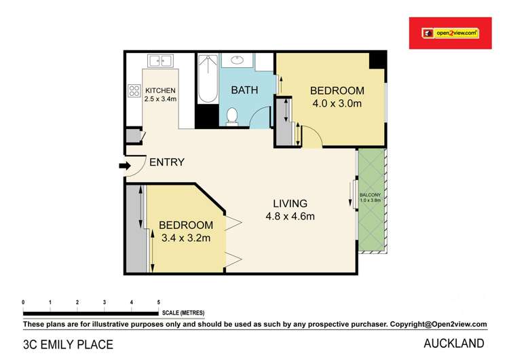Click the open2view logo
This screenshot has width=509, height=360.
tap(450, 32)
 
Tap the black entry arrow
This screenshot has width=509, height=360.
tap(124, 165)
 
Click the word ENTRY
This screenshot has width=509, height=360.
tap(166, 162)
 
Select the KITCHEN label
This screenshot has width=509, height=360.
tap(160, 90)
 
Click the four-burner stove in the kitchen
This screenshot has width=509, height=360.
tap(134, 90)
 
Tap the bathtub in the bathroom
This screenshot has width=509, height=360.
tap(206, 79)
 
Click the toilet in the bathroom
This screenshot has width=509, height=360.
tap(231, 116)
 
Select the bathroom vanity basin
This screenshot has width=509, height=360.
tap(238, 60)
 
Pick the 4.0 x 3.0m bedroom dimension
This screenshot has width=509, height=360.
tap(337, 104)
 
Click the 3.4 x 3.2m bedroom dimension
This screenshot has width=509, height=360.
tap(186, 238)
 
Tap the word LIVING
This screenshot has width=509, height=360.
tap(290, 203)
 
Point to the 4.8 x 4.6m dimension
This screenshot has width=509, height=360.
tap(290, 217)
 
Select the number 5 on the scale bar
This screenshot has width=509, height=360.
tap(158, 302)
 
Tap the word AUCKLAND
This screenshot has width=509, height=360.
tap(454, 343)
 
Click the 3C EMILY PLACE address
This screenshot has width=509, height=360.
tap(68, 344)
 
